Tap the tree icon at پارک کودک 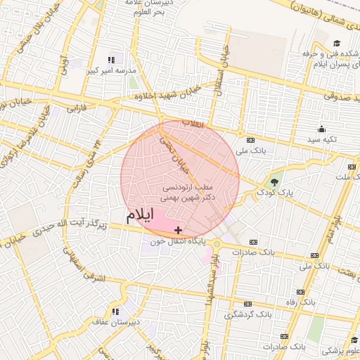click(x=274, y=182)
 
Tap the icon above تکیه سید click(x=321, y=129)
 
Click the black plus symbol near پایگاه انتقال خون click(x=179, y=229)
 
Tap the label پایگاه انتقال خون click(x=176, y=240)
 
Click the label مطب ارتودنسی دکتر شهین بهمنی click(x=188, y=193)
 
